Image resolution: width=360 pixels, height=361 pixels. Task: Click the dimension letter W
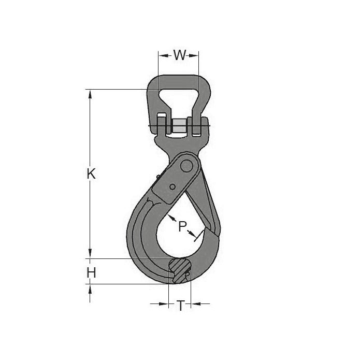click(x=180, y=55)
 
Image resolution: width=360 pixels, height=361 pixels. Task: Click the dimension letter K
click(x=91, y=174)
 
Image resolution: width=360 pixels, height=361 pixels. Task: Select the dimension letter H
click(x=91, y=273)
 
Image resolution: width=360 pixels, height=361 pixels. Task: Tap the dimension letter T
click(x=181, y=306)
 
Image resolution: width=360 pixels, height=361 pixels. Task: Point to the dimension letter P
click(x=182, y=226)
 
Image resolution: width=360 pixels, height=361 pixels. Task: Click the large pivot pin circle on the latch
click(x=186, y=166)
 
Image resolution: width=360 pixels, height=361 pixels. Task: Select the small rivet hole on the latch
click(x=172, y=187)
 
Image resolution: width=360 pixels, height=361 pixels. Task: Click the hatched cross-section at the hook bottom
click(x=180, y=271)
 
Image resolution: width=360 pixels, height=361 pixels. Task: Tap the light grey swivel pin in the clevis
click(x=180, y=125)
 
